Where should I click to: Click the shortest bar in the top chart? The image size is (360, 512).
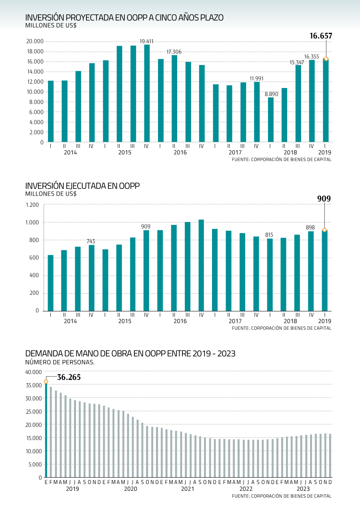click(271, 120)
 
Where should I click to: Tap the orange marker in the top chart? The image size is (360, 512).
click(326, 59)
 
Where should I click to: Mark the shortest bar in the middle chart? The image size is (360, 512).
click(50, 283)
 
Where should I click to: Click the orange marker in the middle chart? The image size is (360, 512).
click(324, 230)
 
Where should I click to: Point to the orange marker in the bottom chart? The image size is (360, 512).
click(46, 382)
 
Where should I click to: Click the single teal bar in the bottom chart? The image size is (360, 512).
click(46, 430)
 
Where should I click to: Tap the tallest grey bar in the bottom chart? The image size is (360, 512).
click(51, 432)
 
